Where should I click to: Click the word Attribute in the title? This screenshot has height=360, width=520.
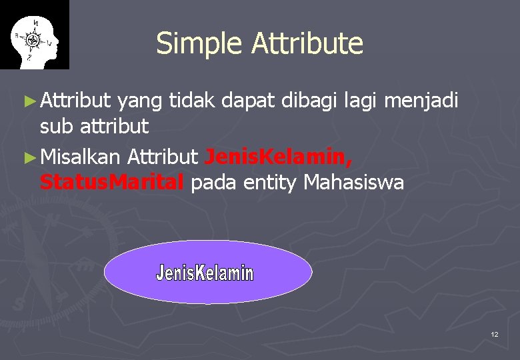point(307,44)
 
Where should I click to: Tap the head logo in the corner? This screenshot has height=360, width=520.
point(34,35)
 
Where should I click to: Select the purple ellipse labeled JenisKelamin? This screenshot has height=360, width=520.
point(208,272)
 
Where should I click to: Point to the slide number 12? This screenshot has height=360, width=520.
point(494,334)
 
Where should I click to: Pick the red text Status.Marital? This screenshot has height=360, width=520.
point(111,182)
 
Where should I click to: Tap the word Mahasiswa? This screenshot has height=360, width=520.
point(353,182)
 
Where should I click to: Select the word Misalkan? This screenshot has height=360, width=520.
point(80,157)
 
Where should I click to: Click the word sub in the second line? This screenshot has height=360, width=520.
point(56,125)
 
